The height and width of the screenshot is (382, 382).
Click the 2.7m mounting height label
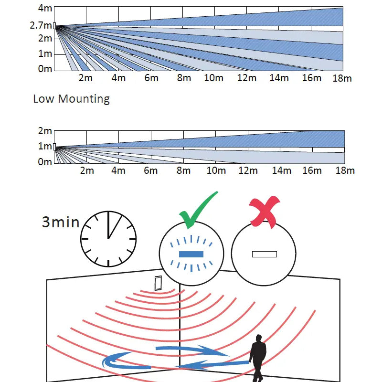40,25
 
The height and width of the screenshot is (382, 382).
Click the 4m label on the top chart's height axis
45,8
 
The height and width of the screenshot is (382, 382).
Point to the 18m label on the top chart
342,78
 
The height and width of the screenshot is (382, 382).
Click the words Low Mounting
71,99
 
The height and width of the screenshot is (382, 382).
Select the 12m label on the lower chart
248,170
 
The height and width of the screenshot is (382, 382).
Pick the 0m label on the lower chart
45,162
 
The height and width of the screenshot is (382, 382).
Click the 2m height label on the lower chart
45,131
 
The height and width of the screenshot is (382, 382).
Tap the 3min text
61,222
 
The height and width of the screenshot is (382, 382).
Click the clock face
108,238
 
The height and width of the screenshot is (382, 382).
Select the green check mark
197,210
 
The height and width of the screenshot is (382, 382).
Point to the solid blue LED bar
191,254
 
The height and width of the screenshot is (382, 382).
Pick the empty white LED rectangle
265,254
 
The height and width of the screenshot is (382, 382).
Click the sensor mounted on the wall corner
158,283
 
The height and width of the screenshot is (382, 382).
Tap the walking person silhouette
258,357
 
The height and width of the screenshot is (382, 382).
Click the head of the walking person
259,338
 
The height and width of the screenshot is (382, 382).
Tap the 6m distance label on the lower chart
151,170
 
